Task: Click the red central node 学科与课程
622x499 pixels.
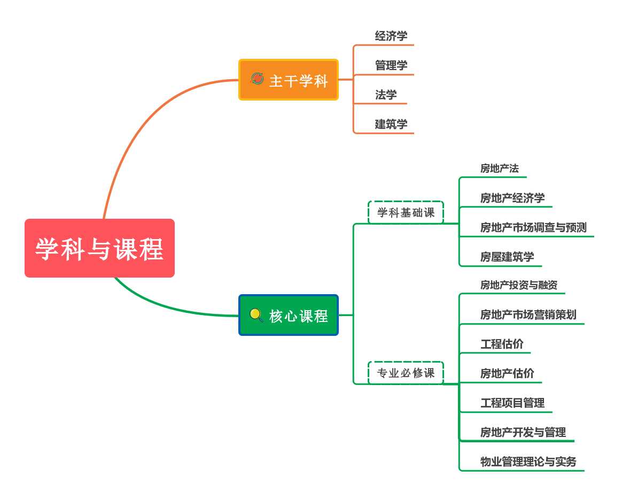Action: [x=99, y=248]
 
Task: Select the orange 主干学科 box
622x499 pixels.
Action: [x=289, y=80]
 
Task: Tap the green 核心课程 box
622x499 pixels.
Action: [x=289, y=315]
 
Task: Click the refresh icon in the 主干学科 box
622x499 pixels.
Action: [x=257, y=79]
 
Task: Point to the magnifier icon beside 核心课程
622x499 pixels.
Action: [x=256, y=315]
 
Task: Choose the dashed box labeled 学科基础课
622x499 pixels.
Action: [x=406, y=212]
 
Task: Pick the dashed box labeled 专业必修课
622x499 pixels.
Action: [x=406, y=373]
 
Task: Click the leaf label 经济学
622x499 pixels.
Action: [x=391, y=36]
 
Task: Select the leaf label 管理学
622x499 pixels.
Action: [x=391, y=65]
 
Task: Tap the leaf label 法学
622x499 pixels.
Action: [x=386, y=95]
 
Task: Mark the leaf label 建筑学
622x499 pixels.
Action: [x=391, y=124]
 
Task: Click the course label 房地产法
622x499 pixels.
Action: [x=499, y=168]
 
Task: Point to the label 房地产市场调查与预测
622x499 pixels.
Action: [x=533, y=227]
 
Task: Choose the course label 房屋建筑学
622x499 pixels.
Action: [x=507, y=257]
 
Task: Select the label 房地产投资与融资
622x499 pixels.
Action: [x=518, y=285]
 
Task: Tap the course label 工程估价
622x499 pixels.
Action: [x=501, y=344]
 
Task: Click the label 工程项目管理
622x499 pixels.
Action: [x=512, y=403]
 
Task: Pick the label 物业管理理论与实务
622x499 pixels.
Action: [x=528, y=462]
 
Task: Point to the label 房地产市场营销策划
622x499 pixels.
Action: [x=528, y=314]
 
